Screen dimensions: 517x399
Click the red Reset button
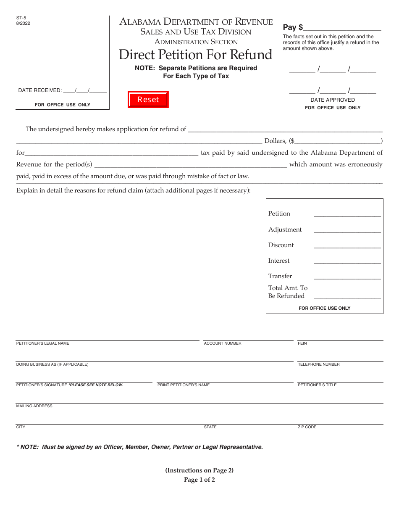148,100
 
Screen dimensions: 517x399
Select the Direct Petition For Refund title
196,55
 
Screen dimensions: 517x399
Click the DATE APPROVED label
333,100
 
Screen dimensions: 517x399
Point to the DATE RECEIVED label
40,90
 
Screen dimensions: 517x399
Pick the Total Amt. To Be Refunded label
288,292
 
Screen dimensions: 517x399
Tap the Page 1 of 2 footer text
199,480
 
